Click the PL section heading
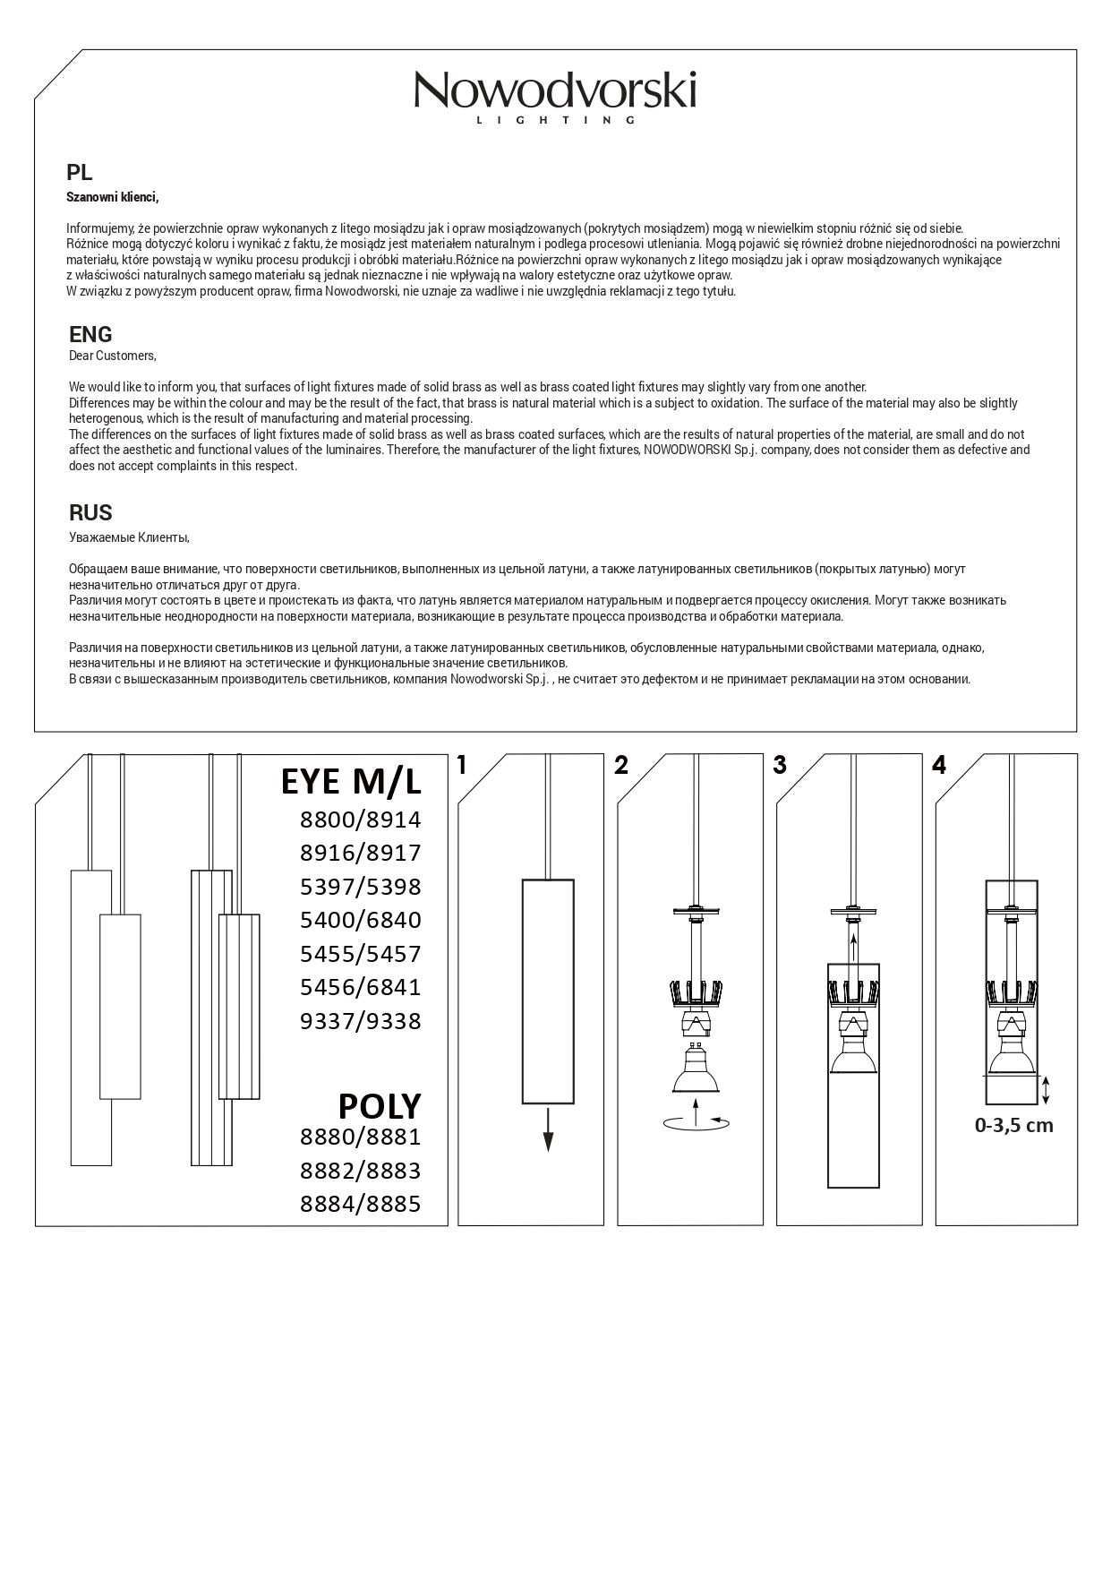click(x=80, y=173)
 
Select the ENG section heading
click(x=90, y=334)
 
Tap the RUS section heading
click(x=90, y=512)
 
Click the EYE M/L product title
click(x=351, y=782)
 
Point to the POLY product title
click(x=379, y=1107)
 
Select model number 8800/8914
click(x=360, y=820)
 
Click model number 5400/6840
click(x=360, y=920)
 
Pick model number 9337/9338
click(x=360, y=1021)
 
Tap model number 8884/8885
click(x=360, y=1205)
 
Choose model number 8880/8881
click(x=360, y=1137)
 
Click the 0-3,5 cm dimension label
click(x=1013, y=1126)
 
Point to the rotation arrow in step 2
click(x=697, y=1120)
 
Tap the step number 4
click(x=938, y=765)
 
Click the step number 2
click(x=621, y=765)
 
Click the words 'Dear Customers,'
click(x=113, y=356)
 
